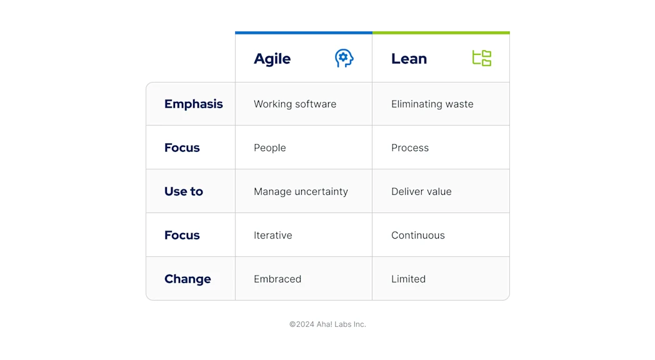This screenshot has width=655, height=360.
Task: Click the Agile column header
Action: click(272, 59)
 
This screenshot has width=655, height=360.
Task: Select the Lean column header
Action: click(409, 59)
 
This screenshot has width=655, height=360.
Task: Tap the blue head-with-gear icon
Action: click(344, 58)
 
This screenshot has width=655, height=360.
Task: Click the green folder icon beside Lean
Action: click(481, 58)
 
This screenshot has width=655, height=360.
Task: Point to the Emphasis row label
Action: click(193, 104)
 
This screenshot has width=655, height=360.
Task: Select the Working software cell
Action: click(295, 104)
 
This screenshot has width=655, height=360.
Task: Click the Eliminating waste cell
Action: click(432, 104)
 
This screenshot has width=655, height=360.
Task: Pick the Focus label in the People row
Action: click(182, 147)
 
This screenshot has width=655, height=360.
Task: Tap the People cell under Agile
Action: click(269, 148)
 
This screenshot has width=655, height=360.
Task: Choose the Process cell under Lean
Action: click(410, 148)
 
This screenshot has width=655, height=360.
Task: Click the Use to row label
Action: click(183, 191)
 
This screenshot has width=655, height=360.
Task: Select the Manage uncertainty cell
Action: click(301, 192)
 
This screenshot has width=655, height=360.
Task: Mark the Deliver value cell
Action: click(421, 192)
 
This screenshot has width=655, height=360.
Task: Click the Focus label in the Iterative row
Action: click(182, 235)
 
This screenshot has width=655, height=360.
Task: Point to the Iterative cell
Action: click(272, 236)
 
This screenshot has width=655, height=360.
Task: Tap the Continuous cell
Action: click(417, 236)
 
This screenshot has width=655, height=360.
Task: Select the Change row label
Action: click(187, 279)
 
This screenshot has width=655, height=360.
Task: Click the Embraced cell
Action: click(277, 279)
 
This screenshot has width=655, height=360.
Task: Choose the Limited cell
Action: click(408, 279)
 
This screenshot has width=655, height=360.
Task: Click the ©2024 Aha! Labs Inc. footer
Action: click(327, 324)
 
